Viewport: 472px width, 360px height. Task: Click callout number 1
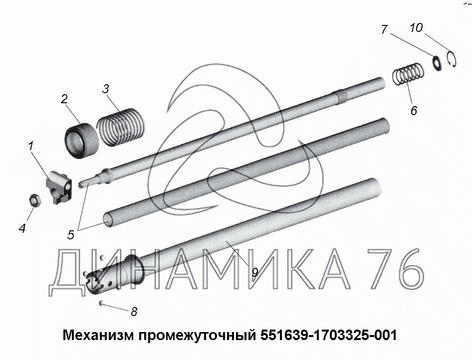pyautogui.click(x=31, y=147)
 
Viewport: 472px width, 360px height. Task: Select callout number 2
pyautogui.click(x=64, y=99)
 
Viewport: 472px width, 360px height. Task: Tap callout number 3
pyautogui.click(x=105, y=89)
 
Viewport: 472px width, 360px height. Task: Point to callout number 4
pyautogui.click(x=22, y=228)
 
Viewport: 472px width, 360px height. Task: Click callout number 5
pyautogui.click(x=71, y=234)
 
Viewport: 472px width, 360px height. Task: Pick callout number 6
pyautogui.click(x=414, y=111)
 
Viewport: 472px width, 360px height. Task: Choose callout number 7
pyautogui.click(x=384, y=29)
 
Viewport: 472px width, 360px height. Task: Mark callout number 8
pyautogui.click(x=134, y=312)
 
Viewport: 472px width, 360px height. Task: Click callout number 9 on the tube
pyautogui.click(x=254, y=272)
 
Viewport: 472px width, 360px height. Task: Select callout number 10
pyautogui.click(x=416, y=27)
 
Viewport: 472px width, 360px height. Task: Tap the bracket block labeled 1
pyautogui.click(x=59, y=186)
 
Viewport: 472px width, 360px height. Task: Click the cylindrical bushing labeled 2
pyautogui.click(x=81, y=141)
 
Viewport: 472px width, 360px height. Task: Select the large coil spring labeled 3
pyautogui.click(x=120, y=127)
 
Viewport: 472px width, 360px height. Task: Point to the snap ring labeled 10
pyautogui.click(x=452, y=59)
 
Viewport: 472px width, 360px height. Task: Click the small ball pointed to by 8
pyautogui.click(x=101, y=303)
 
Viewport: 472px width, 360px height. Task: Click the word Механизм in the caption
pyautogui.click(x=98, y=335)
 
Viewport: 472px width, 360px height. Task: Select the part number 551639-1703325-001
pyautogui.click(x=329, y=335)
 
